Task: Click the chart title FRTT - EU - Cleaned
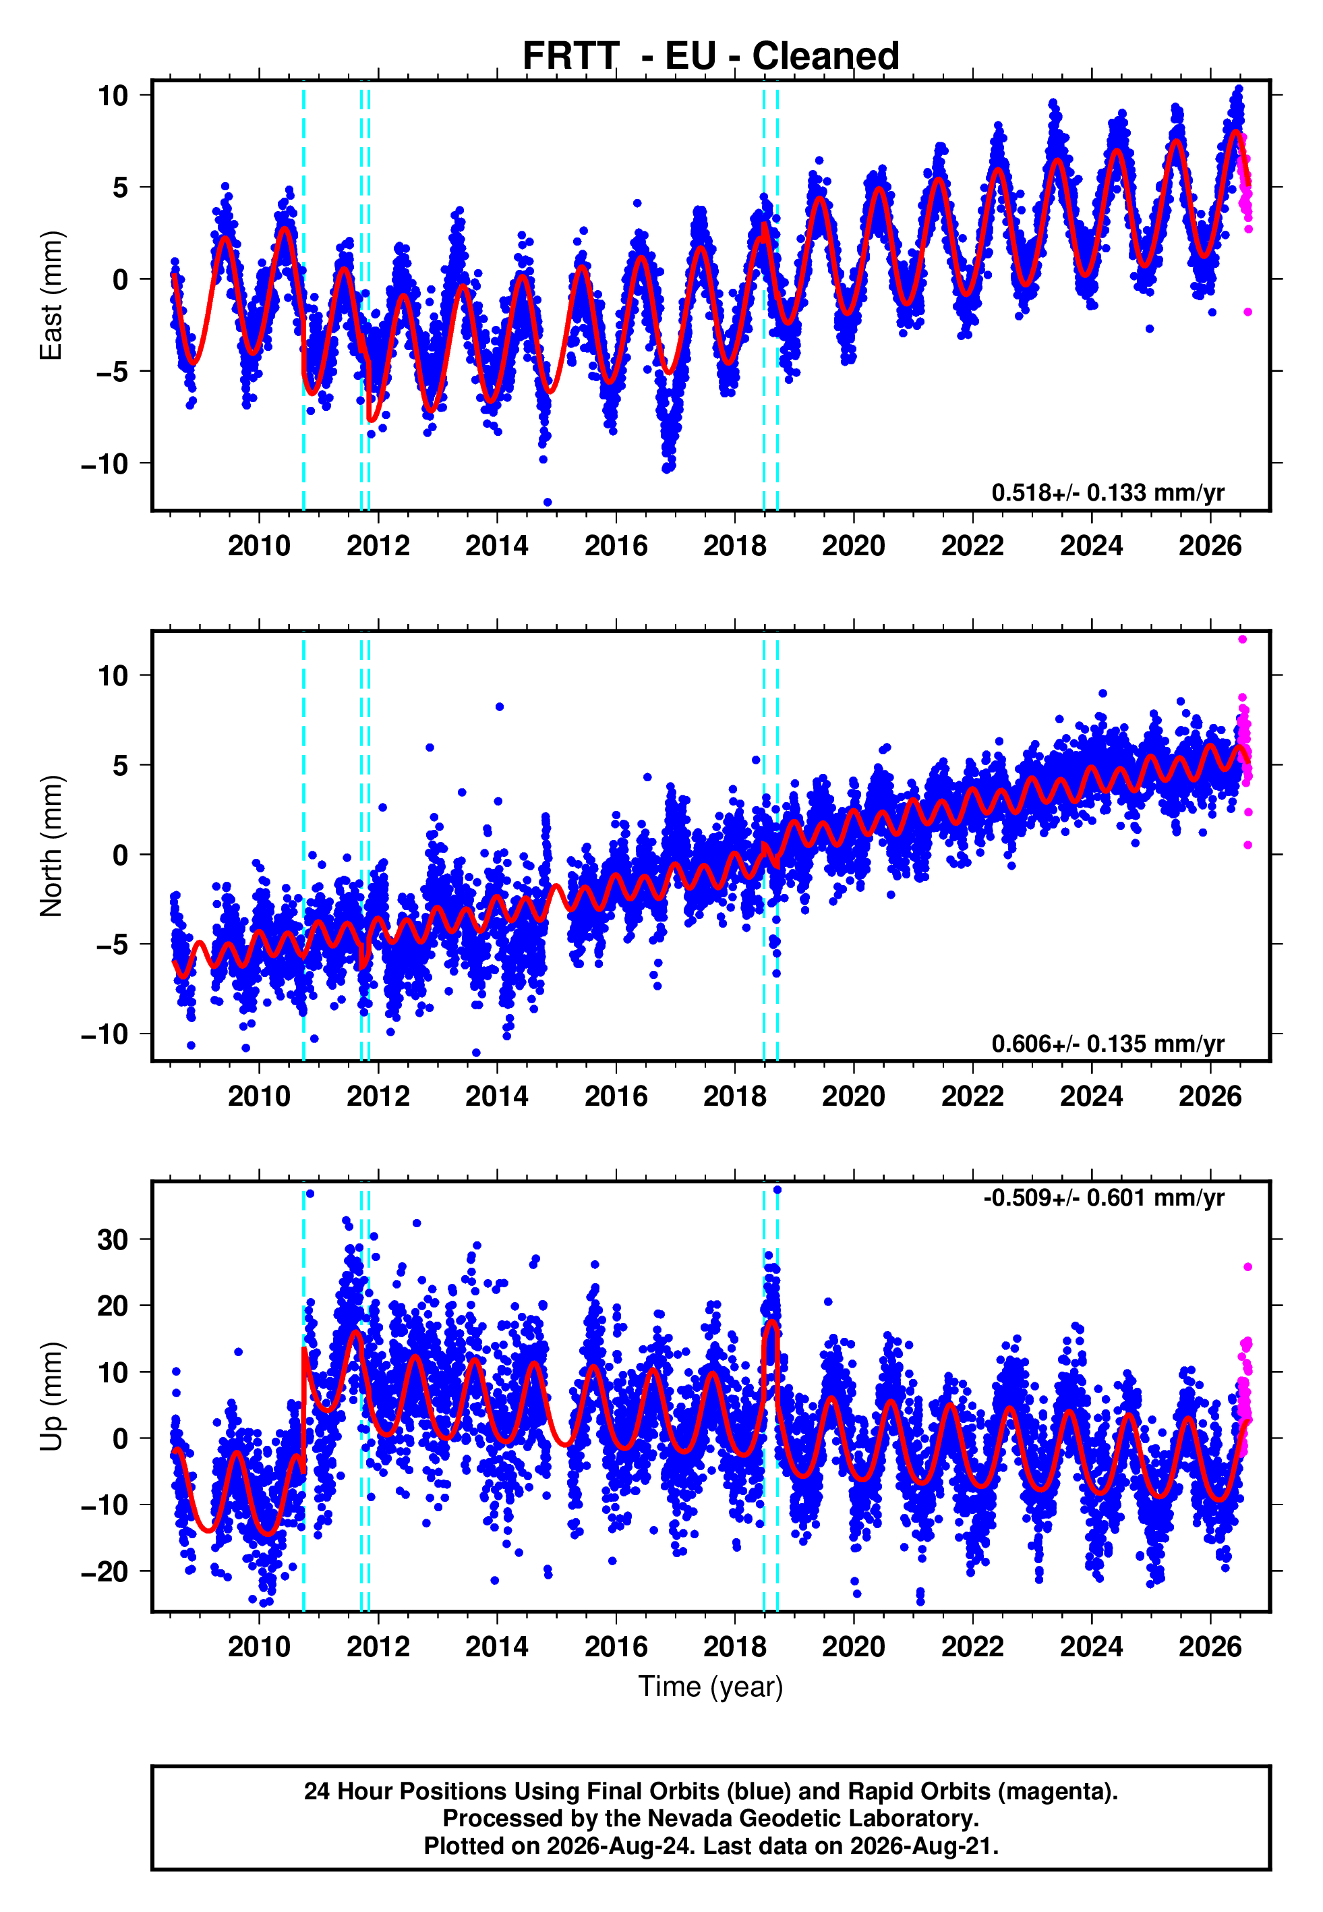point(711,55)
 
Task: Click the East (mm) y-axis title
point(51,296)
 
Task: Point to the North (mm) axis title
point(51,846)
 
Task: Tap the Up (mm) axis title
point(51,1397)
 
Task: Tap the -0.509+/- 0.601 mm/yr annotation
point(1104,1198)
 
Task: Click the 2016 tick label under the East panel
point(616,546)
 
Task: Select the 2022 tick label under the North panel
point(972,1096)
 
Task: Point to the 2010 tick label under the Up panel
point(260,1647)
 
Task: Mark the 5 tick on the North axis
point(121,765)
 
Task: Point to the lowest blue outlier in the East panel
point(547,503)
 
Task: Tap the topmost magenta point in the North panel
point(1243,640)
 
